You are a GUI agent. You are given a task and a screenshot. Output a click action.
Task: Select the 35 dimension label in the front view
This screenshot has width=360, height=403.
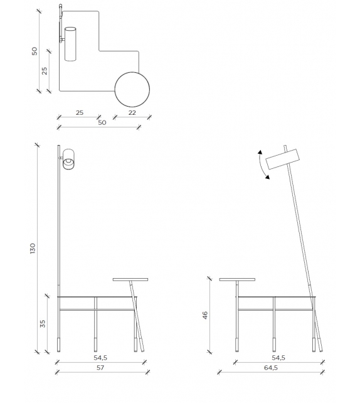(43, 323)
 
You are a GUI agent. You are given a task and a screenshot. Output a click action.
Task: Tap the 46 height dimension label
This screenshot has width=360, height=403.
(205, 315)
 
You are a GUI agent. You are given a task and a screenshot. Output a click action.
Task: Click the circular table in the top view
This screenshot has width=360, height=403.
(132, 89)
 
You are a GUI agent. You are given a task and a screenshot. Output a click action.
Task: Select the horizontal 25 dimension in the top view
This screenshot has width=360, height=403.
(79, 112)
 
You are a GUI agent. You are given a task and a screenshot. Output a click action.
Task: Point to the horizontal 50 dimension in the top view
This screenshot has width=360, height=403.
(102, 122)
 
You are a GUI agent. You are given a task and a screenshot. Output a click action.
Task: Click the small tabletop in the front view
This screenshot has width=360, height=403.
(130, 279)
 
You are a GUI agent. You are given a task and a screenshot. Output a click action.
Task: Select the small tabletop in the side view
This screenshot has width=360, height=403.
(236, 279)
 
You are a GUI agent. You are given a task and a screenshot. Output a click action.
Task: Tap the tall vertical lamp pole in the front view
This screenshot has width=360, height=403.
(59, 226)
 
